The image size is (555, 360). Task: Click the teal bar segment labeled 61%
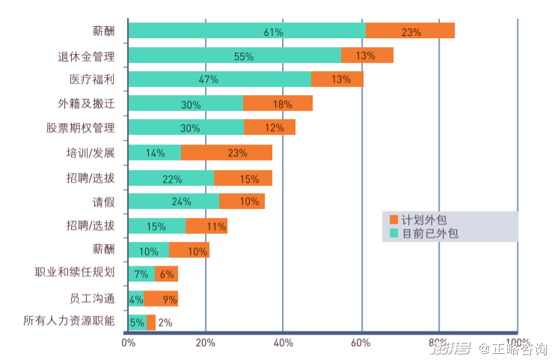pos(247,31)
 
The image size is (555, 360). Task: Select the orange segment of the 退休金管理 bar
pos(367,56)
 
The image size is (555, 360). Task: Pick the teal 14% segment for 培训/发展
pos(155,153)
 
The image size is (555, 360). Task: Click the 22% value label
pos(172,178)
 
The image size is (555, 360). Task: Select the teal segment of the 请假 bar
pos(174,201)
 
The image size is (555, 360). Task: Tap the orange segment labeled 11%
pos(206,226)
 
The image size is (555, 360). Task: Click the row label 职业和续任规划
pos(76,274)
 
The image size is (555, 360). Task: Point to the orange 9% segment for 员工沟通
pos(161,299)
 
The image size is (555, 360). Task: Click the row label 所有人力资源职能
pos(70,323)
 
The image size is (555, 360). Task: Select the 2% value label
pos(165,323)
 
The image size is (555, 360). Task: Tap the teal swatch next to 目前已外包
pos(394,234)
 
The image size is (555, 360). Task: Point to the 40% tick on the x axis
pos(283,343)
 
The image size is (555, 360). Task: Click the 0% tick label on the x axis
pos(128,343)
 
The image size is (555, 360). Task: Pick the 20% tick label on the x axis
pos(205,343)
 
